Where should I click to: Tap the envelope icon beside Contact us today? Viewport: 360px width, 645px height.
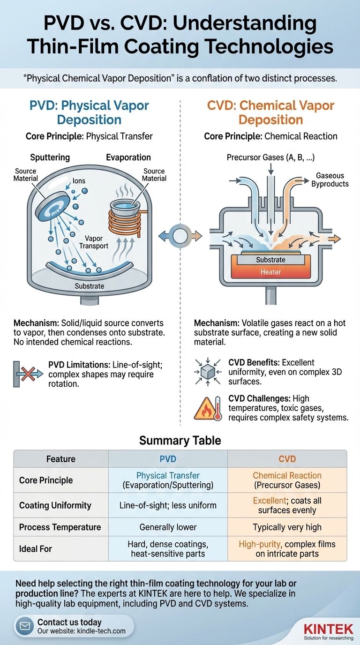click(24, 626)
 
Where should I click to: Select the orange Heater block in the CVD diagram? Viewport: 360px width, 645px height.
click(270, 272)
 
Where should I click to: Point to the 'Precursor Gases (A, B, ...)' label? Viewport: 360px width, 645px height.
click(270, 158)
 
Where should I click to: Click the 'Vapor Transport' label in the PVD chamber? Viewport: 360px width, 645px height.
click(94, 242)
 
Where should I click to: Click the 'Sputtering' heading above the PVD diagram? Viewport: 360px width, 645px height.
click(50, 157)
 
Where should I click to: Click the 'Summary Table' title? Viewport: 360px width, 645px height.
click(180, 441)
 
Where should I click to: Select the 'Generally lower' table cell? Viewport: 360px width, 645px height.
click(168, 527)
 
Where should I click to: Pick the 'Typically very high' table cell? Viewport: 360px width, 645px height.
click(287, 527)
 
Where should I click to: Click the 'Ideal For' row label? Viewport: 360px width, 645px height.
click(36, 548)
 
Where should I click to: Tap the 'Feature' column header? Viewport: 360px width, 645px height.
click(61, 459)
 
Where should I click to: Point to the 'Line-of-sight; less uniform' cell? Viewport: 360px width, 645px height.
click(168, 505)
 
